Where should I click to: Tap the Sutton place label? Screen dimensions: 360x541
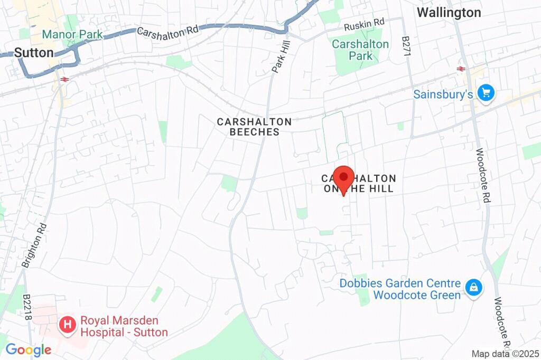pyautogui.click(x=34, y=53)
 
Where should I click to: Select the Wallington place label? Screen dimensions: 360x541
pyautogui.click(x=449, y=13)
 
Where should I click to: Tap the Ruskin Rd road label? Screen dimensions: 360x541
pyautogui.click(x=364, y=24)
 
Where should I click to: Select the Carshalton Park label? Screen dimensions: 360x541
pyautogui.click(x=360, y=50)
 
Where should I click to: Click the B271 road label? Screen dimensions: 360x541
pyautogui.click(x=406, y=48)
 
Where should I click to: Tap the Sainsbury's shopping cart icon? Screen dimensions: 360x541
pyautogui.click(x=486, y=92)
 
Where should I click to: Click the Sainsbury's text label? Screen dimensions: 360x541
pyautogui.click(x=443, y=95)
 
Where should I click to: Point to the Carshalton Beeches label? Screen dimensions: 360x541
pyautogui.click(x=254, y=127)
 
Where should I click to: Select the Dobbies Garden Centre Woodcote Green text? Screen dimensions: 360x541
pyautogui.click(x=400, y=289)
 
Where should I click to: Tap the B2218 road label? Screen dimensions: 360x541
pyautogui.click(x=27, y=308)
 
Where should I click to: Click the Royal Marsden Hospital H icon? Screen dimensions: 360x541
pyautogui.click(x=67, y=324)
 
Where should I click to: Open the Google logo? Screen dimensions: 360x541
pyautogui.click(x=28, y=349)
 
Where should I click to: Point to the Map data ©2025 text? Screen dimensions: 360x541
pyautogui.click(x=506, y=354)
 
